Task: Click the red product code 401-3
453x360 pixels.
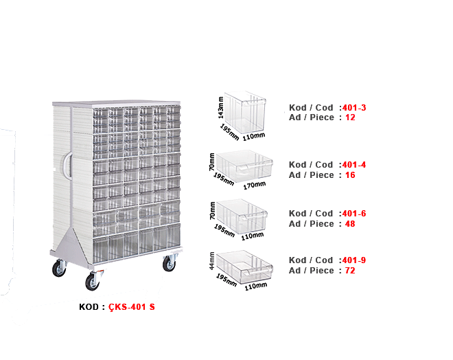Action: [x=354, y=108]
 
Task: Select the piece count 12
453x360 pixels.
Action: [x=350, y=117]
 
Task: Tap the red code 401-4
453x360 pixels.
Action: [x=354, y=165]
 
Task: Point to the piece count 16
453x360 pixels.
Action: [x=350, y=175]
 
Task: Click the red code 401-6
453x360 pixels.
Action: [x=354, y=214]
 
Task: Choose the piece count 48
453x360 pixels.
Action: [x=350, y=224]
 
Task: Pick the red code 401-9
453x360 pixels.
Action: [x=354, y=260]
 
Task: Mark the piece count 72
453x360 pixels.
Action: [x=350, y=271]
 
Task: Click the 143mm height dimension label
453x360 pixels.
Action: [x=221, y=108]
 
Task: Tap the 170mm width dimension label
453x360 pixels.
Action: [x=255, y=185]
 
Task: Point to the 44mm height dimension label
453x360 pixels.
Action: [x=212, y=261]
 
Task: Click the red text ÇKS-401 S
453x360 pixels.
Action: [x=132, y=307]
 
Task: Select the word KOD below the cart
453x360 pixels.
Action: [x=89, y=307]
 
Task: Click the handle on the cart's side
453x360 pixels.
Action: [x=68, y=166]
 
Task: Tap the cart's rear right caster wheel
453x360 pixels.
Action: [x=169, y=263]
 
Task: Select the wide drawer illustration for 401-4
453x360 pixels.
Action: [x=244, y=166]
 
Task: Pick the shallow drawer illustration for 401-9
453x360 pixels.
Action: [x=244, y=267]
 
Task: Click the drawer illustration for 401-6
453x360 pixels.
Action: [x=242, y=216]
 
